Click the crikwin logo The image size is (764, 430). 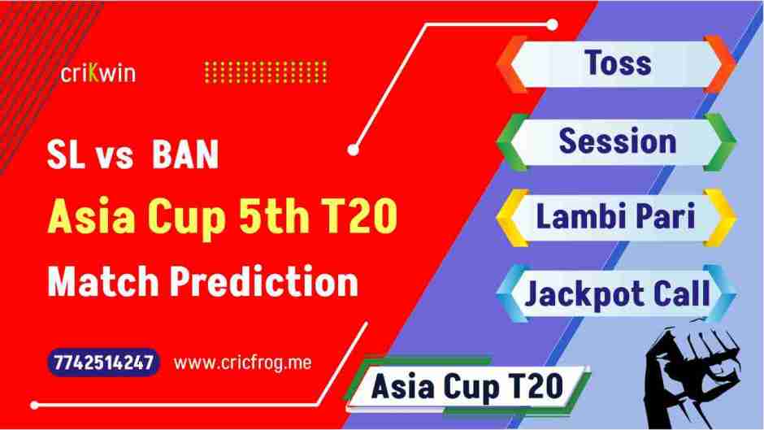pyautogui.click(x=98, y=73)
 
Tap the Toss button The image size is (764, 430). pyautogui.click(x=618, y=63)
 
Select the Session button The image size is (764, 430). pyautogui.click(x=617, y=141)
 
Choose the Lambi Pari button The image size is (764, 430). pyautogui.click(x=617, y=217)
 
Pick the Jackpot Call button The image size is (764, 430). pyautogui.click(x=617, y=293)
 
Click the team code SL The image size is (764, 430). pyautogui.click(x=66, y=157)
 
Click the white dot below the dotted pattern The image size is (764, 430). pyautogui.click(x=353, y=150)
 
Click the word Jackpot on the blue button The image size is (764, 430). pyautogui.click(x=574, y=293)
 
